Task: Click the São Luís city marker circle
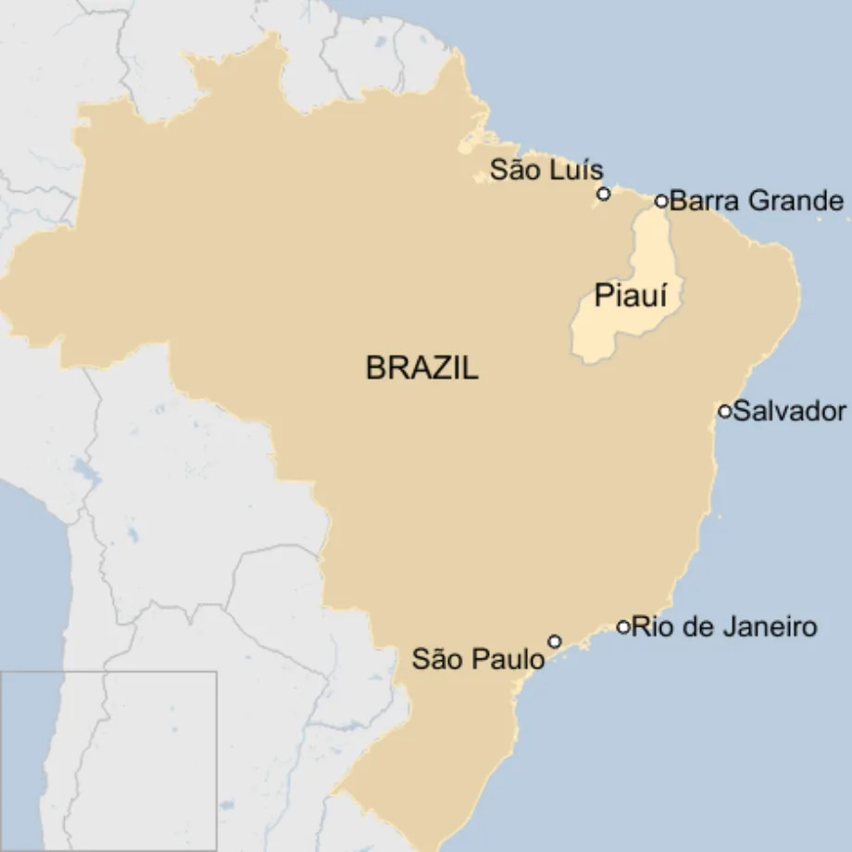tap(604, 194)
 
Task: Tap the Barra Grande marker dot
tap(661, 201)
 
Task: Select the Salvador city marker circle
tap(725, 410)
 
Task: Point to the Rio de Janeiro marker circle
tap(623, 627)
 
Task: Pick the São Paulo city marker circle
tap(554, 641)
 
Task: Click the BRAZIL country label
tap(422, 369)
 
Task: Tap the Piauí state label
tap(632, 296)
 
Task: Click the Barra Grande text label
tap(756, 201)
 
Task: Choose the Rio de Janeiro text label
tap(724, 627)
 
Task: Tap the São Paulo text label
tap(478, 659)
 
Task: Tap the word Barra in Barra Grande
tap(700, 201)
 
